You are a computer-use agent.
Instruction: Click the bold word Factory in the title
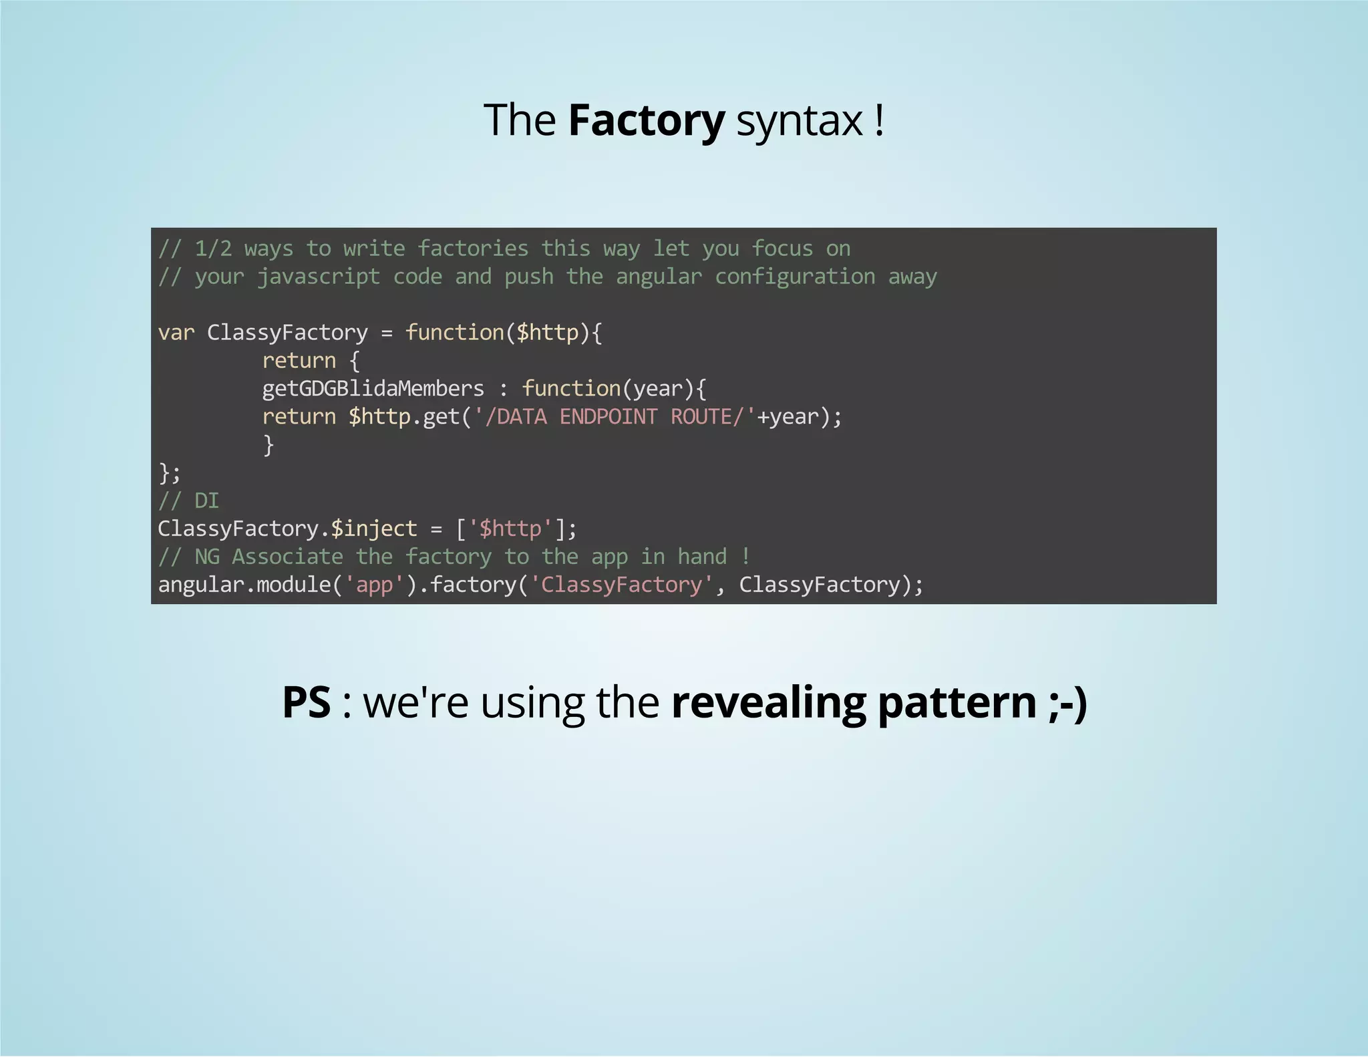(x=646, y=120)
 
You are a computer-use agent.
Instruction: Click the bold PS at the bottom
(x=307, y=702)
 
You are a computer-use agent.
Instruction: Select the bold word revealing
(x=768, y=704)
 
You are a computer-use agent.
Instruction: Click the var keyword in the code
(x=176, y=332)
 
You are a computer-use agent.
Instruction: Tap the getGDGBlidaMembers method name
(x=373, y=388)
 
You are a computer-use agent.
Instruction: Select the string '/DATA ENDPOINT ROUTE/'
(x=615, y=416)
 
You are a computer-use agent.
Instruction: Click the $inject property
(x=374, y=528)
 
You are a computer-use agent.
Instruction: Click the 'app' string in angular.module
(x=374, y=585)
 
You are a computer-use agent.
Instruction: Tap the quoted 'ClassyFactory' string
(x=621, y=585)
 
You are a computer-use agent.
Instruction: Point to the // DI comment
(x=188, y=500)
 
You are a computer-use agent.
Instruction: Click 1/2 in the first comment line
(x=213, y=249)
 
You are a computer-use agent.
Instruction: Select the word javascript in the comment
(x=319, y=277)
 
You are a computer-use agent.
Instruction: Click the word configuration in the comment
(x=795, y=277)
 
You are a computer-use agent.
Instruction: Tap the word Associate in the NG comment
(x=287, y=557)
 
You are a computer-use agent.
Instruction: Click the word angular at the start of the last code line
(x=201, y=585)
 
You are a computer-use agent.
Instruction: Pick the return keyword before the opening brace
(x=299, y=360)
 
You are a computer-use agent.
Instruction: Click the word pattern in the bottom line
(x=957, y=704)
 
